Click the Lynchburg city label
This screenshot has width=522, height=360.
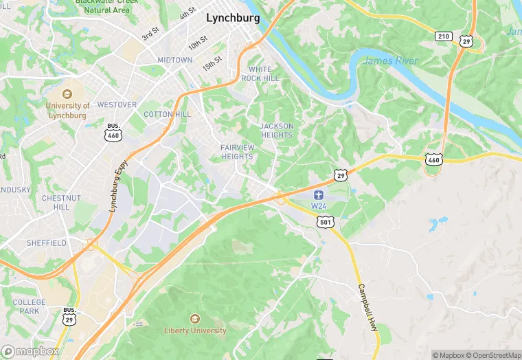click(x=233, y=19)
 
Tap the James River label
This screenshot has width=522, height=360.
click(x=389, y=61)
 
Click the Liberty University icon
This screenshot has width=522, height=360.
click(x=195, y=319)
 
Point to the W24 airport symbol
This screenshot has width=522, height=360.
click(x=319, y=196)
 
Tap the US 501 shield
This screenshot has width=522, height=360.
click(x=326, y=221)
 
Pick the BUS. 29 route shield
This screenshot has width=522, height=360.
click(x=69, y=317)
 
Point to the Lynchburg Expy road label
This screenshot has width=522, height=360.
click(x=118, y=186)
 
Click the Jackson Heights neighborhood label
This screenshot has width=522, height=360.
click(x=277, y=131)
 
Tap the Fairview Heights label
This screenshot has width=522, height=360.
click(x=237, y=152)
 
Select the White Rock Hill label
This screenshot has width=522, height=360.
click(x=264, y=74)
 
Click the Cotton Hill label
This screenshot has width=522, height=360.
click(x=167, y=114)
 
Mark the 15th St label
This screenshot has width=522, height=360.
click(x=212, y=63)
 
